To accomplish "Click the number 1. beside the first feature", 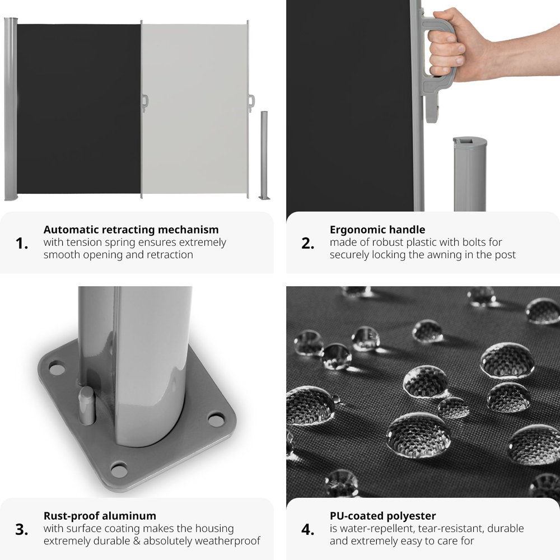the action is coord(22,244).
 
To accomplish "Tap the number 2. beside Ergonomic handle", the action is coord(308,244).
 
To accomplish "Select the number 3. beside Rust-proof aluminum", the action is coord(22,530).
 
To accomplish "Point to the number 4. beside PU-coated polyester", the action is coord(308,530).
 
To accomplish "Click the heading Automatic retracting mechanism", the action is coord(131,230).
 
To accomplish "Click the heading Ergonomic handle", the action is coord(377,230).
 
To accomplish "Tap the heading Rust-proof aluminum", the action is coord(100,516).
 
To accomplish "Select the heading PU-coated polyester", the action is coord(383,516).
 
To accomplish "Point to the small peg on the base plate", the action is coord(87,405).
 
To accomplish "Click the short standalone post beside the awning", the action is coord(264,155).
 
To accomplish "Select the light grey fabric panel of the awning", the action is coord(195,109).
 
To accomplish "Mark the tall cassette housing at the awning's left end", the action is coord(11,109).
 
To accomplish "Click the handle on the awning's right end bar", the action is coord(251,103).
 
